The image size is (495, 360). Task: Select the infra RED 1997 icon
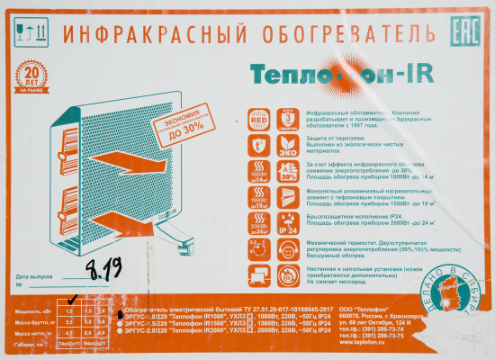point(258,121)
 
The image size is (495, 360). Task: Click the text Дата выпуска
point(35,277)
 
